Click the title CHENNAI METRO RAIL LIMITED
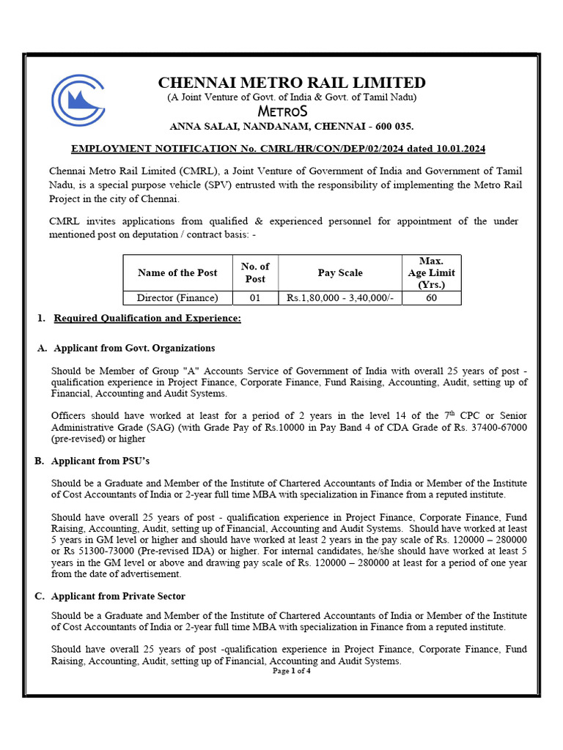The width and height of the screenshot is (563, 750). [292, 83]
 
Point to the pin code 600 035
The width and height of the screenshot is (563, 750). [393, 126]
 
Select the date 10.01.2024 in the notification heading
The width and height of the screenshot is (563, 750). [459, 149]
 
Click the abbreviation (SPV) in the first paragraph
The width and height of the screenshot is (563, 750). [252, 185]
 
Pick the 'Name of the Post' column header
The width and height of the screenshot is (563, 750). [177, 272]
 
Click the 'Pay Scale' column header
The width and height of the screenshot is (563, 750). [339, 272]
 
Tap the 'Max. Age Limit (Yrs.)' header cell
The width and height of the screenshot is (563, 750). [431, 272]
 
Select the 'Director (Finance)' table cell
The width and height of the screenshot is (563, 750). [177, 298]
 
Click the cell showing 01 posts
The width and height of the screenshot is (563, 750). [255, 298]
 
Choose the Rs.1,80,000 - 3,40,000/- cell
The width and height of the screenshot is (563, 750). [339, 298]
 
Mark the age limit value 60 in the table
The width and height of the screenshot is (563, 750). [431, 298]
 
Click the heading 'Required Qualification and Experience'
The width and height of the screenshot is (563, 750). [147, 319]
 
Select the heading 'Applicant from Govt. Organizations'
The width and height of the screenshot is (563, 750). [134, 348]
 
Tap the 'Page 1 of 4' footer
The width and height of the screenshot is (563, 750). [292, 671]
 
